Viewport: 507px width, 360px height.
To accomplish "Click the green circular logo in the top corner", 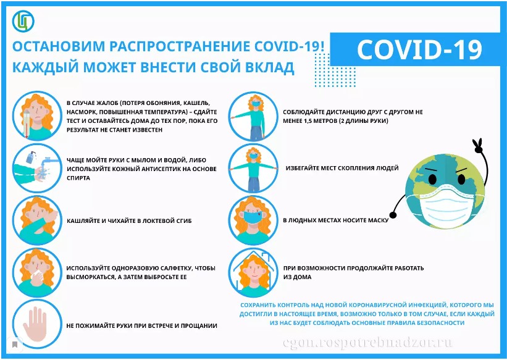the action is (23, 22).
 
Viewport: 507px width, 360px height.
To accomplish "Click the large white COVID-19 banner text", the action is (419, 49).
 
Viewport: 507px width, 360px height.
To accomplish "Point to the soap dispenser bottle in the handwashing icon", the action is (30, 157).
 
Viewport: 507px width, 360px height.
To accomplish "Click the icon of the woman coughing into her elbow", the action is (37, 220).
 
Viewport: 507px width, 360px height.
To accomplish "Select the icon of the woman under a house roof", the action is (253, 273).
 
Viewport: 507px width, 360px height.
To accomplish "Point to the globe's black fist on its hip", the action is (393, 214).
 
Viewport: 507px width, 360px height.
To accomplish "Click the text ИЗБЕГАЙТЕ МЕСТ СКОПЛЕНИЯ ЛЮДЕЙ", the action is (342, 168).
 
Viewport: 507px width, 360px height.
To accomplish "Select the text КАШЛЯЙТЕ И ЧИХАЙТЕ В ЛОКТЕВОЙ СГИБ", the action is (129, 221).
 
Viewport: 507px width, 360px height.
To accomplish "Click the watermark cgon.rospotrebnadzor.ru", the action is (367, 343).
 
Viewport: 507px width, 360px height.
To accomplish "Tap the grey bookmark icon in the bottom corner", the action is (15, 345).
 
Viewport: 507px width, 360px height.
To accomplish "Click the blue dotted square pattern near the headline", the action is (335, 70).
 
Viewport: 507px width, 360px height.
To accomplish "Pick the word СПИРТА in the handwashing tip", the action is (78, 178).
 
